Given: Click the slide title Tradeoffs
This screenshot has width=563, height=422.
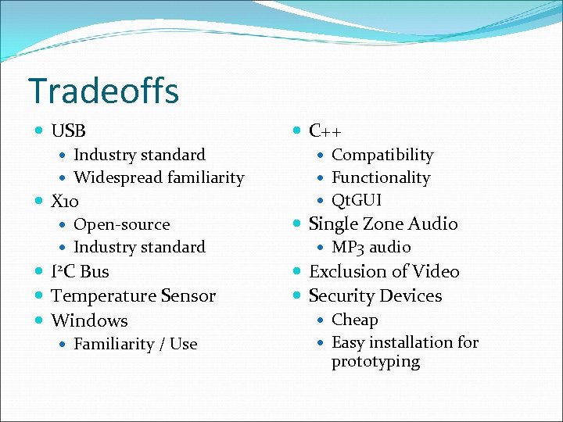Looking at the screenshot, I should click(x=103, y=91).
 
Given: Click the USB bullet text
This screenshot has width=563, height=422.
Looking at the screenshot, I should click(x=68, y=131).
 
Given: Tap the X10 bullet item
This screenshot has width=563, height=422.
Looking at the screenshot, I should click(x=64, y=202).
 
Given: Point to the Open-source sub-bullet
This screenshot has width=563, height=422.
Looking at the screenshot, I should click(x=121, y=225).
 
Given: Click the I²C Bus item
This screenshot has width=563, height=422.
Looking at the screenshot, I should click(x=80, y=272).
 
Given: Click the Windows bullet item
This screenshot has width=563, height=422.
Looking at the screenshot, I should click(x=89, y=320).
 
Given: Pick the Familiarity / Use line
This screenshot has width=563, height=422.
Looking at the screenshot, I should click(x=135, y=344).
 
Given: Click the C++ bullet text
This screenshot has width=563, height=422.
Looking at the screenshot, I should click(x=325, y=131).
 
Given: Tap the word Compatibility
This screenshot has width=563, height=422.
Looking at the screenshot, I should click(x=382, y=156).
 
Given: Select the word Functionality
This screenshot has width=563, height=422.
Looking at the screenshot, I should click(x=381, y=178).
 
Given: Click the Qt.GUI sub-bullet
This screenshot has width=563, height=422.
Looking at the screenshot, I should click(x=357, y=201).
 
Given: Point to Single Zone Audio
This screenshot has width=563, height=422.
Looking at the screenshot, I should click(x=383, y=224).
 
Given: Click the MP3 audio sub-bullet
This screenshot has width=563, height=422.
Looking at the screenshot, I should click(x=371, y=248).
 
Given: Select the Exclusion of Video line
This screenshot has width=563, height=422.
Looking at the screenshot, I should click(x=384, y=272).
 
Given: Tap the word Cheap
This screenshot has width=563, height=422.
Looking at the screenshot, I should click(x=354, y=320).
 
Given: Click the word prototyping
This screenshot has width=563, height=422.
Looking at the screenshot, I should click(x=375, y=362).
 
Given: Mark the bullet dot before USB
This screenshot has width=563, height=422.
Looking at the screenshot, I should click(x=40, y=131).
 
